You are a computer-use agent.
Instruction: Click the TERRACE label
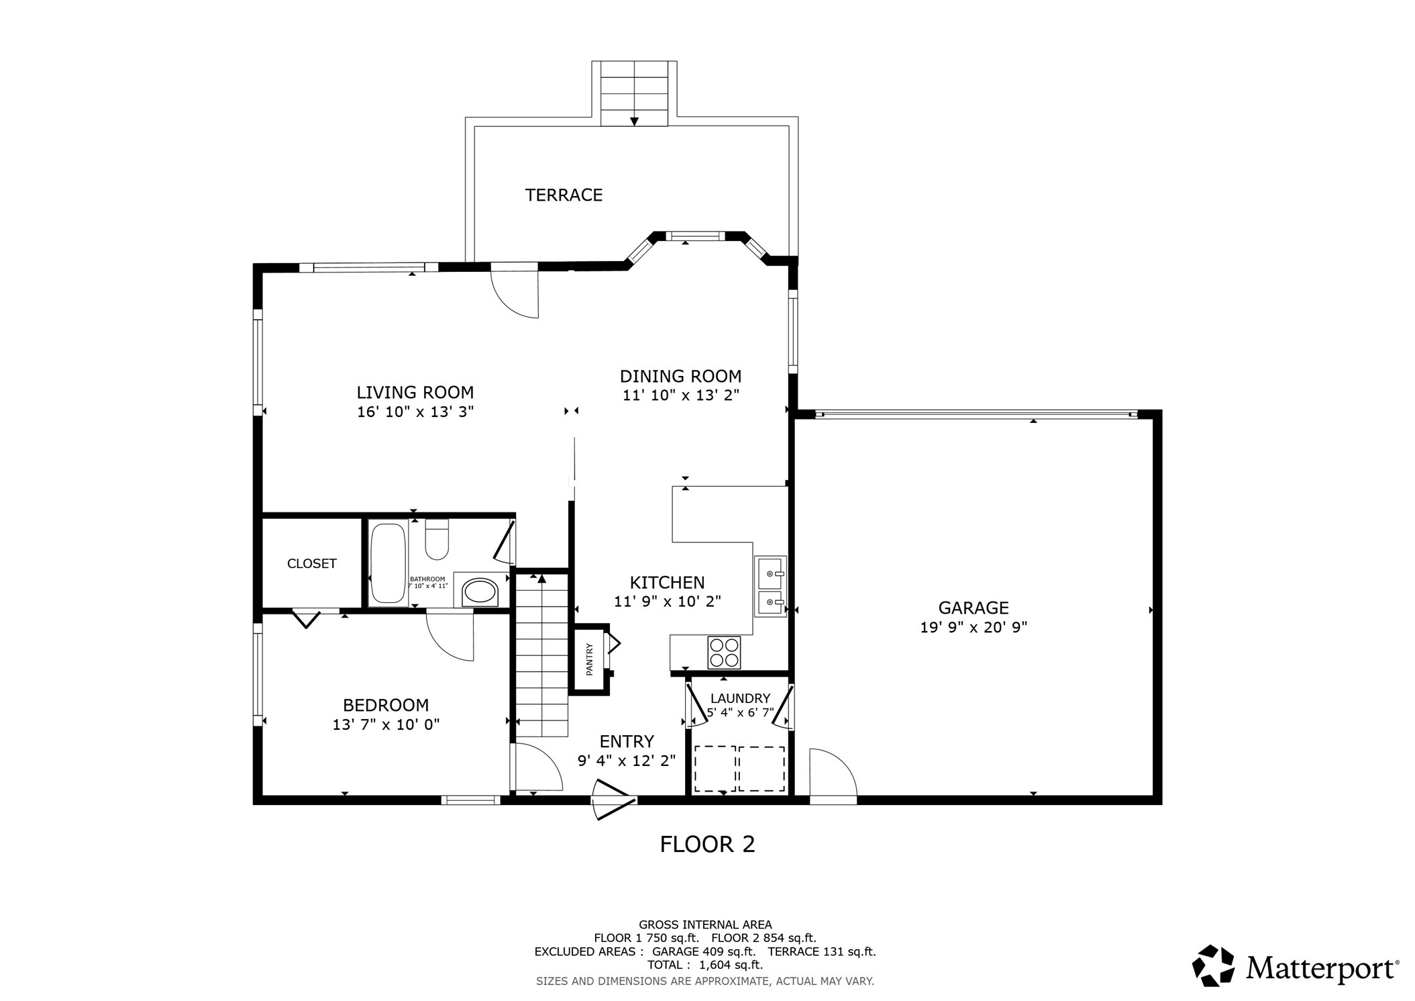(x=564, y=195)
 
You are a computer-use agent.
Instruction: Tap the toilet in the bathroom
(x=437, y=540)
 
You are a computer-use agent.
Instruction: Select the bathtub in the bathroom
(x=388, y=563)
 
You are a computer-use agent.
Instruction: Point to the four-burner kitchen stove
(x=724, y=652)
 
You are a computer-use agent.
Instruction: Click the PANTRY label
(x=590, y=659)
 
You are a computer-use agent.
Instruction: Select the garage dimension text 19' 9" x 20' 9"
(x=974, y=628)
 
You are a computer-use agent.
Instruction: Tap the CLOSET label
(x=311, y=564)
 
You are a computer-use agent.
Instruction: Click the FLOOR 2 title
(x=707, y=844)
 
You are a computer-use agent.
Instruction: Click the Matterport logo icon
(x=1213, y=966)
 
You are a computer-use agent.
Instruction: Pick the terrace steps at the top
(x=634, y=93)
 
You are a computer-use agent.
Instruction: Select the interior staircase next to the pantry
(x=541, y=655)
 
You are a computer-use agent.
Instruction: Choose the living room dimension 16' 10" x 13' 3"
(x=415, y=412)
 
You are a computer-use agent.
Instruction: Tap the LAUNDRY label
(x=740, y=698)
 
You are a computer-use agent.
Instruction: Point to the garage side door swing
(x=832, y=774)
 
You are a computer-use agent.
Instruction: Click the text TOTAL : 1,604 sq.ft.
(x=704, y=965)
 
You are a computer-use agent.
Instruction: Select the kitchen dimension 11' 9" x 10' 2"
(x=667, y=602)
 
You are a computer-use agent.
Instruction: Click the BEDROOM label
(x=386, y=705)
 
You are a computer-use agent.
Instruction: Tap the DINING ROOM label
(x=680, y=376)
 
